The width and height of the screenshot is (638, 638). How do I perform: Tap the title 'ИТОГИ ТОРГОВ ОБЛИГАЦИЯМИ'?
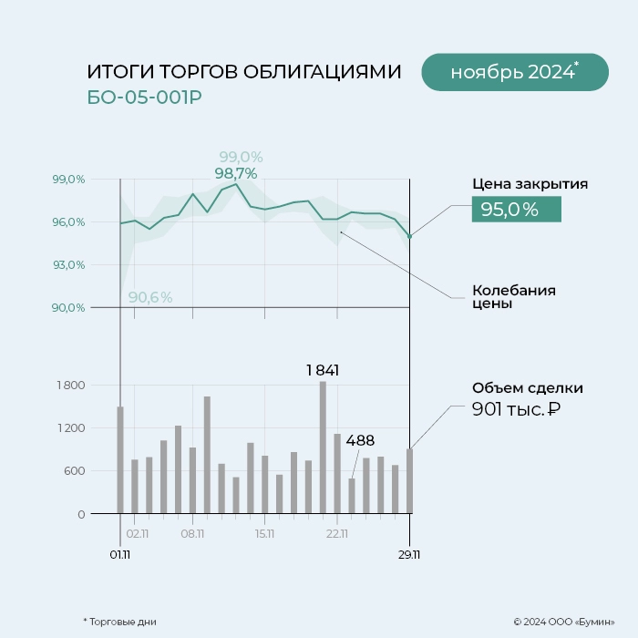point(243,72)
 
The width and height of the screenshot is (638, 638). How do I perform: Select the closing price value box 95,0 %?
point(516,210)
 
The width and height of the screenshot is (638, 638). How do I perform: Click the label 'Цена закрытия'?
point(530,184)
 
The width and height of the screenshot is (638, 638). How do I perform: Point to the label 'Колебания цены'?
point(513,297)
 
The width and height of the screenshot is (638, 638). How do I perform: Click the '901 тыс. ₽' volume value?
point(516,410)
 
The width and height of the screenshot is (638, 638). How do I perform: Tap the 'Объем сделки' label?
point(527,388)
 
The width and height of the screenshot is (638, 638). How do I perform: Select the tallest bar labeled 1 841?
point(323,447)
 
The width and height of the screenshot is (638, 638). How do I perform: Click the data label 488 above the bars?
point(360,441)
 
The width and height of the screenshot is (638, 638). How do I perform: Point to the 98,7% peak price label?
point(236,173)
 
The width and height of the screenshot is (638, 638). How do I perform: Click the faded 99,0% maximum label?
point(241,157)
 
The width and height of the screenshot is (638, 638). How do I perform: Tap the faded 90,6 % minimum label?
point(150,297)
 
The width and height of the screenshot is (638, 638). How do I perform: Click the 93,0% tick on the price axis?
point(69,265)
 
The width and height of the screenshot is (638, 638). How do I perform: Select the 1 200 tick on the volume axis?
point(70,428)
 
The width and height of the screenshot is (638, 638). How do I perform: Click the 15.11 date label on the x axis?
point(265,534)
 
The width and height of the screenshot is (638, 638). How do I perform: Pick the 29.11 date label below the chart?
point(409,553)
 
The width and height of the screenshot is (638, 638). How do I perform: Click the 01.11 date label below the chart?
point(120,553)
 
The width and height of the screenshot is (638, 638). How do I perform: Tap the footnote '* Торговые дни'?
point(119,622)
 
